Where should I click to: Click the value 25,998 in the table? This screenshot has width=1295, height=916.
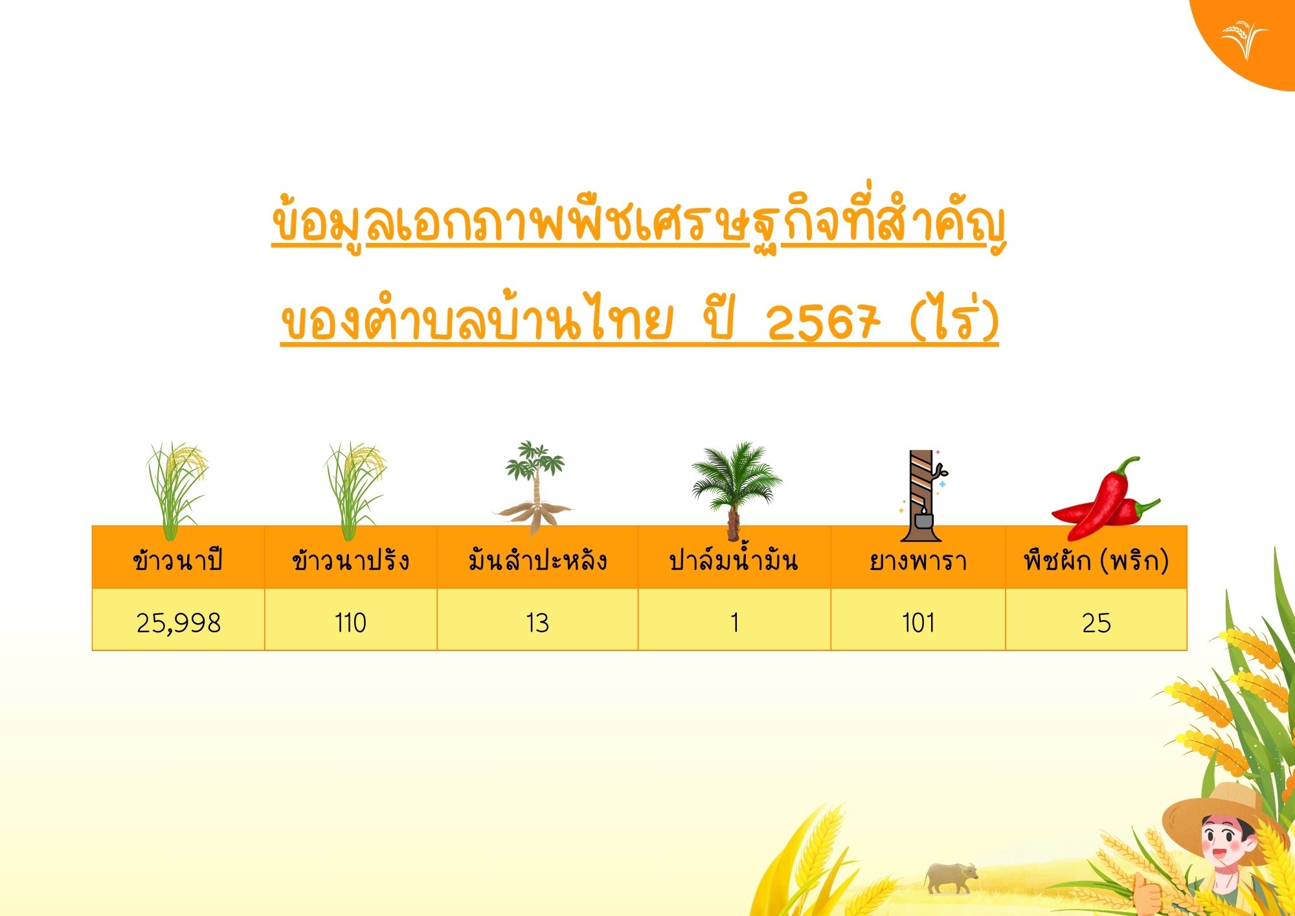point(179,623)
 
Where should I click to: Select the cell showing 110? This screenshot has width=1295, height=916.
point(350,623)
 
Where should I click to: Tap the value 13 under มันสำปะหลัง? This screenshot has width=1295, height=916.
point(537,623)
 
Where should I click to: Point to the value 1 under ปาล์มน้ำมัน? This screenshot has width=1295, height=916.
point(734,623)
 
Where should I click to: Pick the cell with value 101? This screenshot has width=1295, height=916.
point(918,623)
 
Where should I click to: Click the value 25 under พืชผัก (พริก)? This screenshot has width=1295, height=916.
point(1096,623)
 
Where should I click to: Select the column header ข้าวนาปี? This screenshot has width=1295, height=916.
point(178,560)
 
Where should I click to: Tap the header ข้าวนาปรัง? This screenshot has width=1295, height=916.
point(350,560)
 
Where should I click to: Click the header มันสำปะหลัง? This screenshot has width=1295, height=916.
point(537,560)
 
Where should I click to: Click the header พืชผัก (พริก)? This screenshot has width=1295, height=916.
point(1096,560)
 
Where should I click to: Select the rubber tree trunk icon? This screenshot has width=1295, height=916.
point(921,496)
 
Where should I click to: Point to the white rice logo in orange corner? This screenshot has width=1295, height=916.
point(1244,39)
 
